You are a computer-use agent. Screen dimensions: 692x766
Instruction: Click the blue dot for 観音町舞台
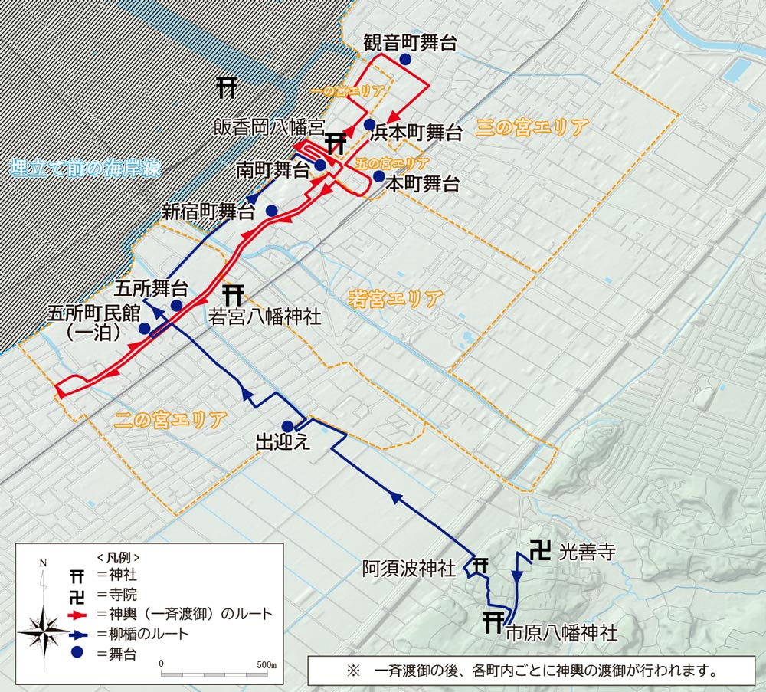(404, 60)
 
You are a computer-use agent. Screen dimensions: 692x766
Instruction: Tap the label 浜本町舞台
(416, 133)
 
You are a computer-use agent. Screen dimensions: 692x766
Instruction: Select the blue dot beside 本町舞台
(378, 176)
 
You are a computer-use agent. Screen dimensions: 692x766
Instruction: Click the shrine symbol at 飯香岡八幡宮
(336, 143)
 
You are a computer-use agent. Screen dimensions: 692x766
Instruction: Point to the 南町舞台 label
(272, 169)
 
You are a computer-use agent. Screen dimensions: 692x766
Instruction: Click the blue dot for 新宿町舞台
(271, 211)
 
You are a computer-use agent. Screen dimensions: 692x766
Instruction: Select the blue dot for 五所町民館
(144, 329)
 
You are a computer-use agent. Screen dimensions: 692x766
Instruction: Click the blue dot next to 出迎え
(287, 426)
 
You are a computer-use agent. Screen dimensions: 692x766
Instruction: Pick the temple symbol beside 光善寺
(541, 552)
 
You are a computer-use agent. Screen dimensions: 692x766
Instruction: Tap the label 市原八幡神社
(561, 634)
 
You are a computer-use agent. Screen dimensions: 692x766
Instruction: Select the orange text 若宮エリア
(395, 298)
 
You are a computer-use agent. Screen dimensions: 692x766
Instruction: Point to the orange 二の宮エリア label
(170, 419)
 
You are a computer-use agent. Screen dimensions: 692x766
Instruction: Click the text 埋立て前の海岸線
(85, 169)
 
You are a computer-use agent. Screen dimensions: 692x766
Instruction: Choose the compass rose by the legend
(44, 629)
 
